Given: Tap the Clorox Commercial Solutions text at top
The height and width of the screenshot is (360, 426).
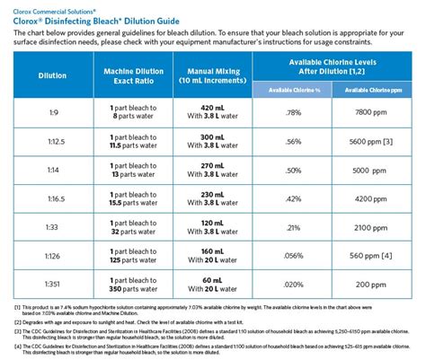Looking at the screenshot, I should coord(50,6).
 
